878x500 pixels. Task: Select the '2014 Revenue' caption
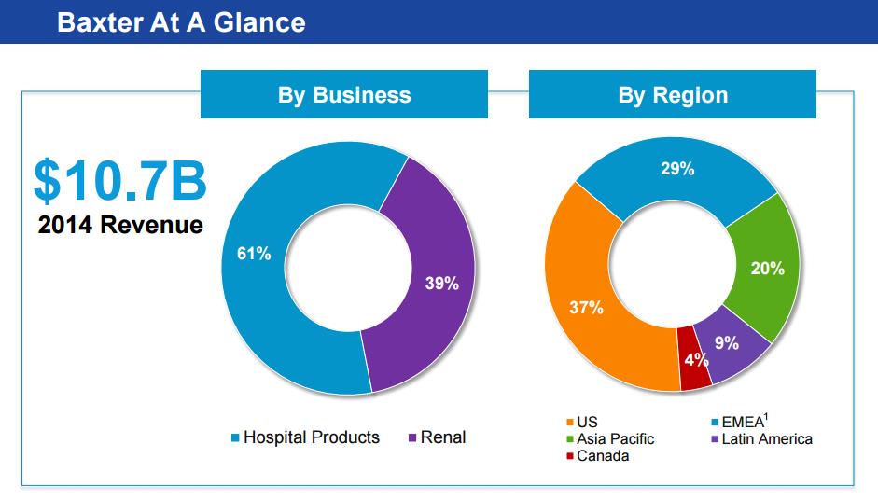pyautogui.click(x=120, y=226)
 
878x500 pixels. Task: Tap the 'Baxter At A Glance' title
pyautogui.click(x=181, y=21)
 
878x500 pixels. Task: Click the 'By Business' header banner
pyautogui.click(x=343, y=94)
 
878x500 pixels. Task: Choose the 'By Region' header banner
pyautogui.click(x=672, y=94)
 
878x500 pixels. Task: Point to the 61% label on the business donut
pyautogui.click(x=254, y=255)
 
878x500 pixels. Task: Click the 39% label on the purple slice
pyautogui.click(x=441, y=285)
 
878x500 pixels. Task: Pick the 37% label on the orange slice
pyautogui.click(x=587, y=308)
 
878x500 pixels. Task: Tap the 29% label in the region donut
pyautogui.click(x=677, y=170)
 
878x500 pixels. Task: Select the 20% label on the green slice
pyautogui.click(x=767, y=269)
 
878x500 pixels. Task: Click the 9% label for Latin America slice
pyautogui.click(x=727, y=343)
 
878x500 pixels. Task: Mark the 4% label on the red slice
pyautogui.click(x=696, y=360)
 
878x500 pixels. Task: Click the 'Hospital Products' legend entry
pyautogui.click(x=311, y=437)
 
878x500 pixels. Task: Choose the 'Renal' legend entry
pyautogui.click(x=442, y=437)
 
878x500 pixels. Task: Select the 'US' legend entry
pyautogui.click(x=587, y=423)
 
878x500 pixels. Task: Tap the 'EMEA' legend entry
pyautogui.click(x=744, y=423)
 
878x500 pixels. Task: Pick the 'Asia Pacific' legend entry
pyautogui.click(x=615, y=438)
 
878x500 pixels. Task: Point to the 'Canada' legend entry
pyautogui.click(x=603, y=455)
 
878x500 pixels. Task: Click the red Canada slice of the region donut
pyautogui.click(x=695, y=373)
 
